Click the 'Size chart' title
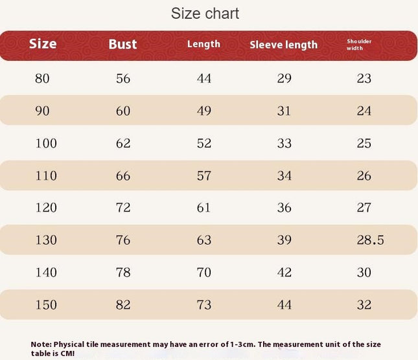205,14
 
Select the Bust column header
122,44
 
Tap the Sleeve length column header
284,45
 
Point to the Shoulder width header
359,45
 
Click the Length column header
203,44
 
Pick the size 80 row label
42,78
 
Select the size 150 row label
46,304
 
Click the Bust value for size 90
123,111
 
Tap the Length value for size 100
204,143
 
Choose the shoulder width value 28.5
370,240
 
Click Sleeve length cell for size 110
284,175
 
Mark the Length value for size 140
204,272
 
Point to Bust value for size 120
123,207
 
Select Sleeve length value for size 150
284,304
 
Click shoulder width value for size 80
364,78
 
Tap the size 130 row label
46,240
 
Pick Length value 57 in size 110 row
204,175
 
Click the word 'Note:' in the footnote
41,344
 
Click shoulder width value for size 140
364,272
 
